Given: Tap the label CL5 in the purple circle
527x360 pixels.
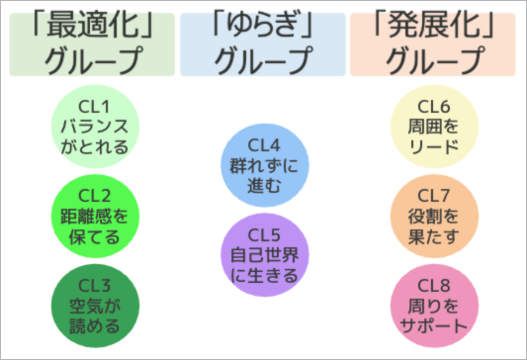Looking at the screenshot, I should [x=263, y=234].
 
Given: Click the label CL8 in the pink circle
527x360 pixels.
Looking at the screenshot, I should [x=433, y=285].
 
